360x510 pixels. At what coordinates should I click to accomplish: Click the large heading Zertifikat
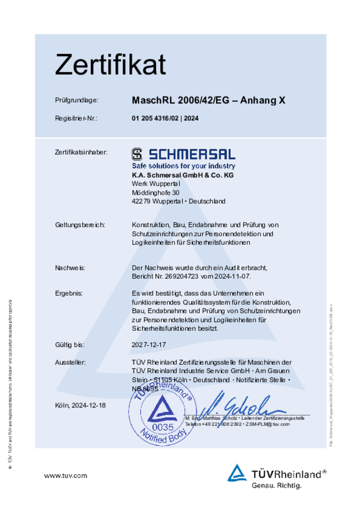110,64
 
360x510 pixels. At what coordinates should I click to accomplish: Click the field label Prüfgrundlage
77,100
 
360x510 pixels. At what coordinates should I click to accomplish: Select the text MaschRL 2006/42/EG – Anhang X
209,100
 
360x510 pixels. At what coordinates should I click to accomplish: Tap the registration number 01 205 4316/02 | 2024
165,119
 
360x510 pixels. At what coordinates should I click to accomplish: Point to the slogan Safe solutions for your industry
183,166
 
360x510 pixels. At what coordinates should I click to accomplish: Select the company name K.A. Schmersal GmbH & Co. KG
182,175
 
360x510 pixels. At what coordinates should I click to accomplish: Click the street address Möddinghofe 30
155,192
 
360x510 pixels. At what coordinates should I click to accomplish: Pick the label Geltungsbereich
80,225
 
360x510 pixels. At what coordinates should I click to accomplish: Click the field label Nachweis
70,268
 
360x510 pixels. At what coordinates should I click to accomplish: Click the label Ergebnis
69,293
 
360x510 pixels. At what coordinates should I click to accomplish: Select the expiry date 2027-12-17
149,345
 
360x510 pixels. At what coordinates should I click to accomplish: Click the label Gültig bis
70,345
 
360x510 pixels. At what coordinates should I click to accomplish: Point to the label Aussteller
70,362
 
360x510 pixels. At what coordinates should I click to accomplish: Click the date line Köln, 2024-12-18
80,405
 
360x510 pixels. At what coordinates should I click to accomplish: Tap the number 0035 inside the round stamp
163,427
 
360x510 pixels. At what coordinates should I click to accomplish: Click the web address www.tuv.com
66,476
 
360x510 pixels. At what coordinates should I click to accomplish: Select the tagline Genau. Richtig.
277,486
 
